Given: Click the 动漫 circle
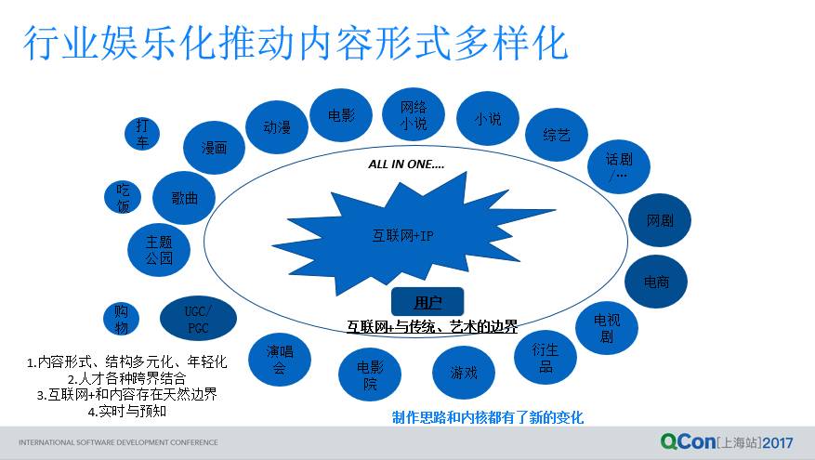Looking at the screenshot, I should click(277, 127).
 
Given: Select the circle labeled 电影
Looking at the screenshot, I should click(341, 116).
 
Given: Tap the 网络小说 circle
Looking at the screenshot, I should click(414, 114).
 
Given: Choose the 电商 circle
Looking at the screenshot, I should click(655, 281).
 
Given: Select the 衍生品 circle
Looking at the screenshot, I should click(545, 357).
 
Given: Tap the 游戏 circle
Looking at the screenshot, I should click(464, 372).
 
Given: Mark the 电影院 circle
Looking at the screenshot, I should click(369, 375).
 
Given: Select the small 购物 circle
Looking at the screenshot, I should click(121, 319).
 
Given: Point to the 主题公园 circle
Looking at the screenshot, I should click(159, 250).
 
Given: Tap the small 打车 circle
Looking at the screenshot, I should click(141, 132).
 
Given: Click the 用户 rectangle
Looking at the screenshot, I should click(427, 301).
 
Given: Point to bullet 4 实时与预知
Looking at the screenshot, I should click(126, 410).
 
